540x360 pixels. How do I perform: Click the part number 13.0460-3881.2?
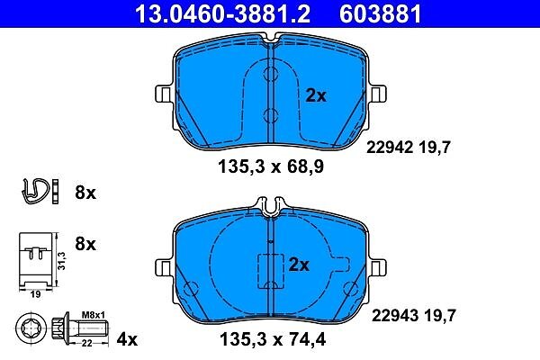point(222,13)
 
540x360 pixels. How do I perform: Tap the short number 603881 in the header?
point(380,13)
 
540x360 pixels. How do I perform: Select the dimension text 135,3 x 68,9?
point(271,167)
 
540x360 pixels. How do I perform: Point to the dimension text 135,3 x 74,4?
point(273,340)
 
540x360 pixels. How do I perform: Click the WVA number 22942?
point(390,148)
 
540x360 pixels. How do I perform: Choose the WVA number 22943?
point(395,316)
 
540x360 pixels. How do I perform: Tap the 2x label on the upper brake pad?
point(316,95)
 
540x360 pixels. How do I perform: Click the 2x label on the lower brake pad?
point(299,265)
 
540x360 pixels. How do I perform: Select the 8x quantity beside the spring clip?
point(85,193)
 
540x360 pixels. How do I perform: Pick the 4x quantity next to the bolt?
point(127,339)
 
